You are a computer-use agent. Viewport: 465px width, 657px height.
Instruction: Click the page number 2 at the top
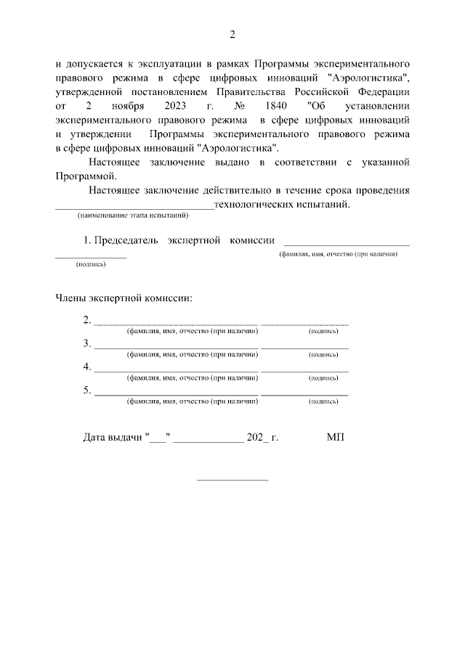(232, 34)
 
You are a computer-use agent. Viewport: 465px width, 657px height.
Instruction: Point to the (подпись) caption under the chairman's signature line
(91, 264)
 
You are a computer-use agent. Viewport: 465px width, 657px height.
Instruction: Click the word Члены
(71, 297)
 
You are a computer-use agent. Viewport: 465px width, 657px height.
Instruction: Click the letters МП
(335, 437)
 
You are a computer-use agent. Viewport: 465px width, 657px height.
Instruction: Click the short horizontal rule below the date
(232, 479)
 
